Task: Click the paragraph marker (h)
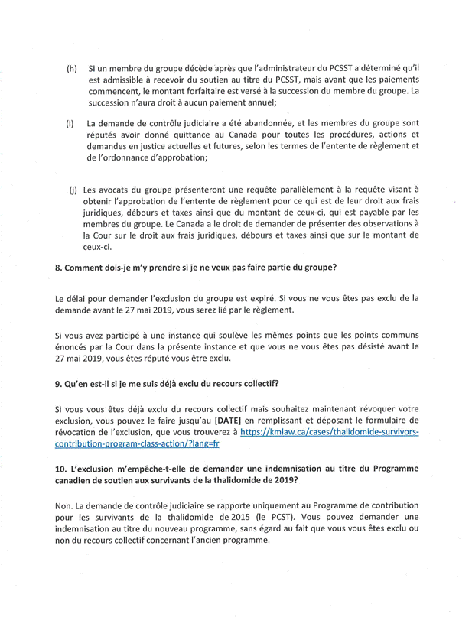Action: pos(71,68)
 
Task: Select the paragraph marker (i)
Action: pos(70,122)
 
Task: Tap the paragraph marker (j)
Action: pos(73,188)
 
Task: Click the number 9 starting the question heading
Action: pos(58,383)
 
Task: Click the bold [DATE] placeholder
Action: pos(232,420)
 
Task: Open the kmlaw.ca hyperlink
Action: pos(330,437)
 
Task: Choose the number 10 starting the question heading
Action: pos(60,469)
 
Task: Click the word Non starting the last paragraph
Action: pos(65,505)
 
